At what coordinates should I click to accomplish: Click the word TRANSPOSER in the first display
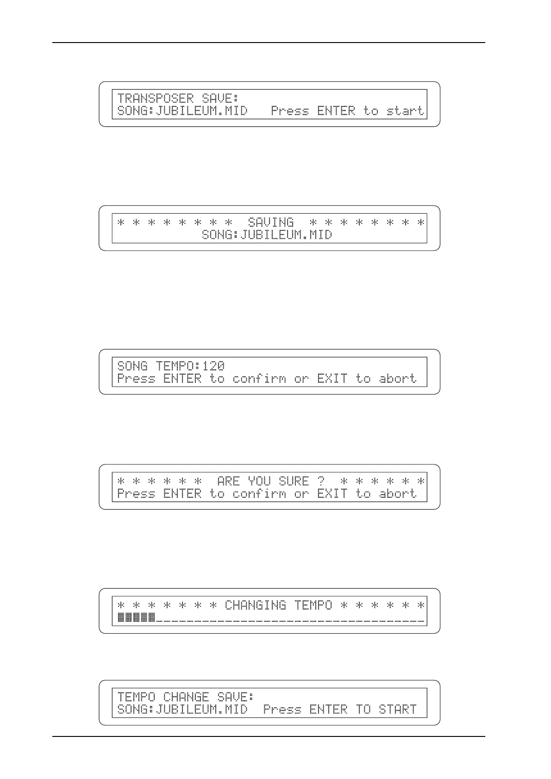(156, 98)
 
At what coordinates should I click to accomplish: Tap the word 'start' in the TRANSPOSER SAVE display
(405, 111)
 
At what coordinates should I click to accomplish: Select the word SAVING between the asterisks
(270, 223)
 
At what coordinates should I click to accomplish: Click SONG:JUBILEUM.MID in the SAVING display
(267, 235)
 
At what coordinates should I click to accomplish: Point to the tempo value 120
(213, 366)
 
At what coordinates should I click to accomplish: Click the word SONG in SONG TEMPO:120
(132, 366)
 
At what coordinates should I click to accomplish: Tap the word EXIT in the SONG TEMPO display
(332, 379)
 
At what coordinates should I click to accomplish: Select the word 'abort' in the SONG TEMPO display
(397, 379)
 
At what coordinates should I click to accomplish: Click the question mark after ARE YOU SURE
(321, 482)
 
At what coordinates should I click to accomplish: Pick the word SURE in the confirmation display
(294, 482)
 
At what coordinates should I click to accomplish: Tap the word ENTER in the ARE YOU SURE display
(182, 494)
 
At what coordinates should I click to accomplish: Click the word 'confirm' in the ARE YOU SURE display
(259, 494)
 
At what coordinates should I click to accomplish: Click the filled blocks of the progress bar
(136, 617)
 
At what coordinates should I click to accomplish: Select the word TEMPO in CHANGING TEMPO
(313, 606)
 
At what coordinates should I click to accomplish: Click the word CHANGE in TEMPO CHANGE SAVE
(186, 697)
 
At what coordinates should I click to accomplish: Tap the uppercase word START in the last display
(397, 710)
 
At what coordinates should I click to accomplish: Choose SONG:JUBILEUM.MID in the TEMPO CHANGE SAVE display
(182, 710)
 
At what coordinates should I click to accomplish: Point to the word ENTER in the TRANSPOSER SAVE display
(336, 111)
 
